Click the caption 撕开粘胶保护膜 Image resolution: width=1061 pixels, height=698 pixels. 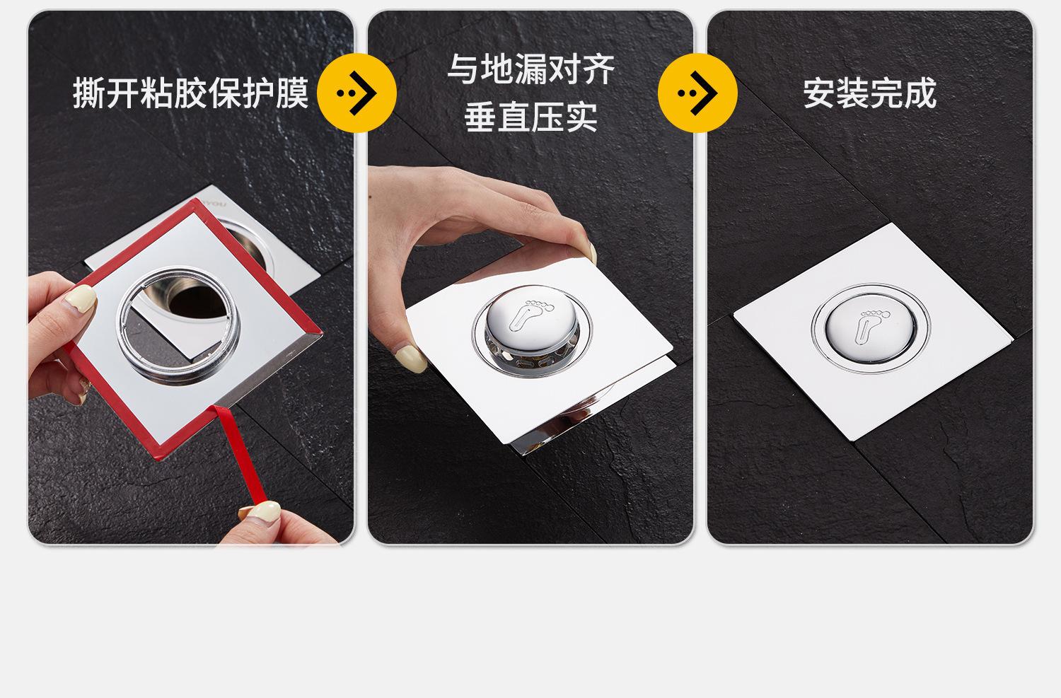191,93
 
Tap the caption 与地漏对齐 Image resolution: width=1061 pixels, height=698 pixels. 531,69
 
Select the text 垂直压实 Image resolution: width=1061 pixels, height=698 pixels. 531,117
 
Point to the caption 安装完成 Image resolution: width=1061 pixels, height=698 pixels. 870,93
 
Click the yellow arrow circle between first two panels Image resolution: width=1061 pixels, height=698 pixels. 356,93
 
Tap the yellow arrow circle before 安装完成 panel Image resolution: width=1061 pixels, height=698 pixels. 697,93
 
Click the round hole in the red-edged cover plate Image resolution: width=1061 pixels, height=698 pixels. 178,325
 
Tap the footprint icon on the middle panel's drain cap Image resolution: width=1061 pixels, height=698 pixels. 531,315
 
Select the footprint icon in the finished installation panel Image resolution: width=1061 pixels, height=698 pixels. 872,325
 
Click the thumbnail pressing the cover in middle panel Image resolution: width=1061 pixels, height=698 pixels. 410,359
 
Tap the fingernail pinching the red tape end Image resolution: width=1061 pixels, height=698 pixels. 261,512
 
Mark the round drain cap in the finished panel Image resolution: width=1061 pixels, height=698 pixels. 871,327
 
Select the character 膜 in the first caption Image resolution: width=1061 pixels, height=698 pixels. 292,93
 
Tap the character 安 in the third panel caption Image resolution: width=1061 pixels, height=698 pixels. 819,93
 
